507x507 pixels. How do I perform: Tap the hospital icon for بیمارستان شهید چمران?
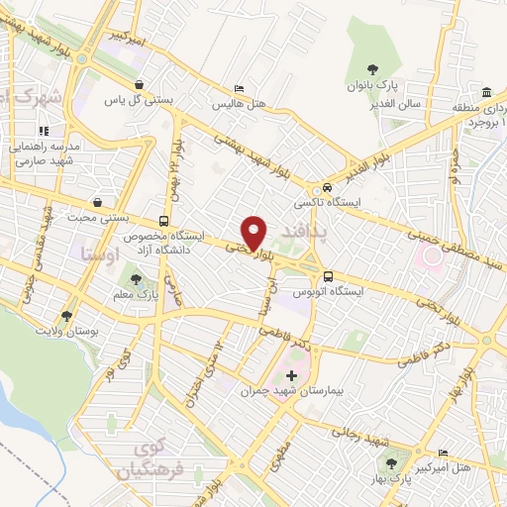[289, 375]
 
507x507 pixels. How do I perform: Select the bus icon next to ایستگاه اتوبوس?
[328, 276]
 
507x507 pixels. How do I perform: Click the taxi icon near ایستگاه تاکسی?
[325, 187]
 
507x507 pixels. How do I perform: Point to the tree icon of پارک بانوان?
[372, 68]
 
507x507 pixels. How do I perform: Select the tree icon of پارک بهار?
[394, 464]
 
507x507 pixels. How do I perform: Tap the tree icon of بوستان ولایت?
[66, 316]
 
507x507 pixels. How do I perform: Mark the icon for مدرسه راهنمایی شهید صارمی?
[43, 131]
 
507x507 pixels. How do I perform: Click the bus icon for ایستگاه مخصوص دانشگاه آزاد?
[163, 222]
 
